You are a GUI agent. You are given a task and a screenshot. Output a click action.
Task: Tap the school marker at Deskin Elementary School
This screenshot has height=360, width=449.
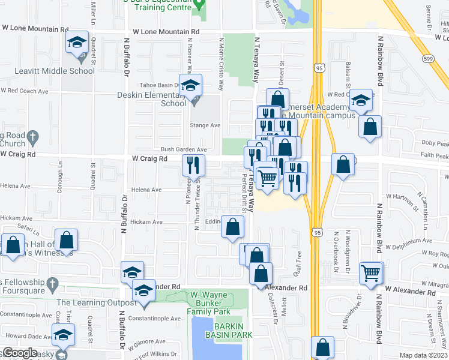tap(191, 86)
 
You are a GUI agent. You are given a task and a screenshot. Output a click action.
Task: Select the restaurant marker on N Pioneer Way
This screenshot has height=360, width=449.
tap(194, 164)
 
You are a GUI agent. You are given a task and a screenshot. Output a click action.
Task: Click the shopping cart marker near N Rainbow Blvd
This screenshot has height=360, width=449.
tap(372, 273)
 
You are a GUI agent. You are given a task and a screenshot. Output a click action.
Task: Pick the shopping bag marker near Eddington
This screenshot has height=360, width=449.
tap(233, 227)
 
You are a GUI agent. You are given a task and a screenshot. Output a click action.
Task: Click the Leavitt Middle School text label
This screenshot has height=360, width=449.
tap(56, 71)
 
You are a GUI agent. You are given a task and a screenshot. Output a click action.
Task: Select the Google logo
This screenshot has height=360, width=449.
tap(20, 353)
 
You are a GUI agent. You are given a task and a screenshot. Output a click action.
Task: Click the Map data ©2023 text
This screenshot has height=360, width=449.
tap(423, 355)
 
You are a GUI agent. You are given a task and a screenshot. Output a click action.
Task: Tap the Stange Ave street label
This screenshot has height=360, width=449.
tap(205, 125)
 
